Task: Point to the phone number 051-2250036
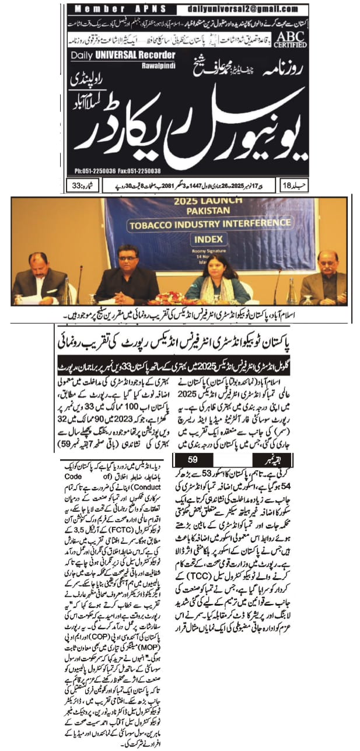coord(107,171)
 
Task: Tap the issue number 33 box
coord(75,186)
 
